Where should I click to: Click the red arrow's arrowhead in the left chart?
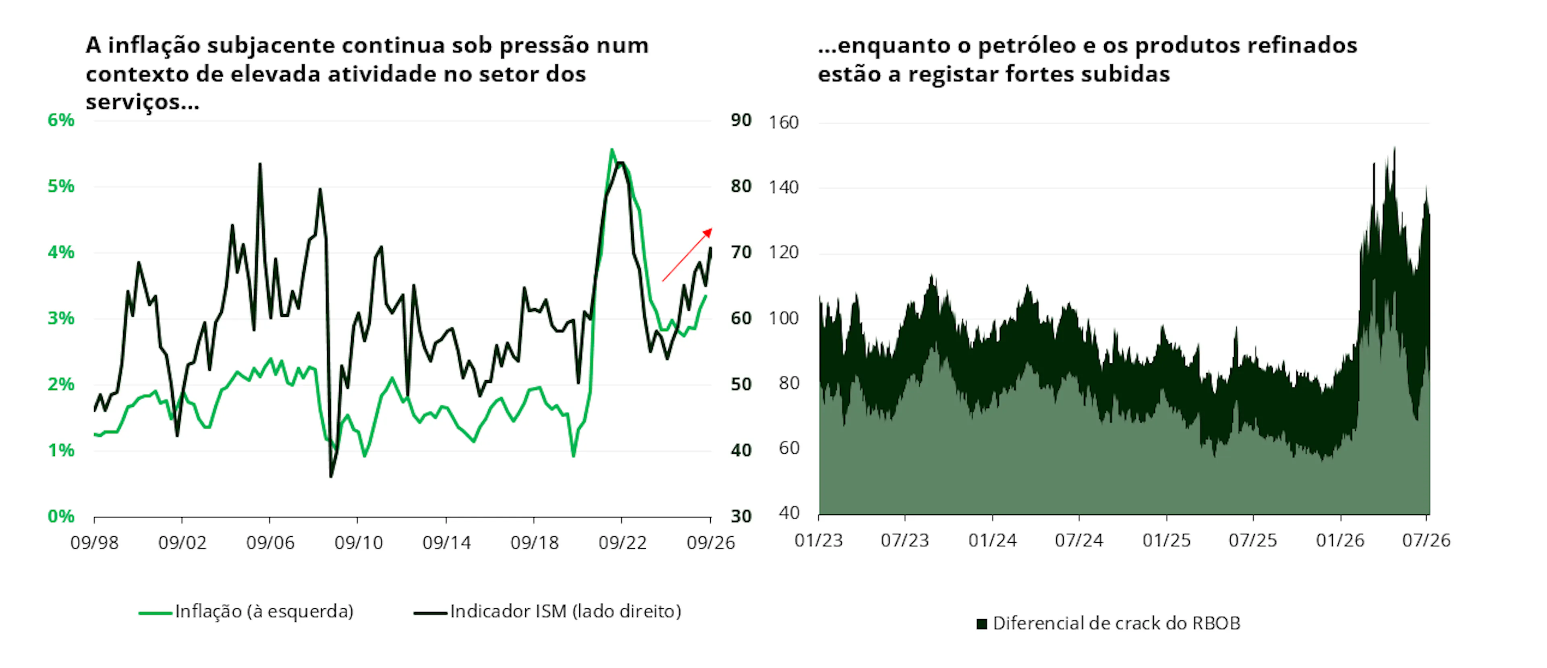tap(708, 232)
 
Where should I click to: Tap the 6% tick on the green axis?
tap(61, 120)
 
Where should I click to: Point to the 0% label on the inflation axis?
tap(61, 516)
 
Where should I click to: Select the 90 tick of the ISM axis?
tap(741, 120)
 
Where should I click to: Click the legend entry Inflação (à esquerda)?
tap(246, 612)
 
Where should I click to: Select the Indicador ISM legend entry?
tap(548, 612)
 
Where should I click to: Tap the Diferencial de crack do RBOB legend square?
tap(982, 624)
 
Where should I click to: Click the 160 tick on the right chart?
tap(784, 122)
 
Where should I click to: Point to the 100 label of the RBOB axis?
tap(784, 318)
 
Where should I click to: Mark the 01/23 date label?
tap(819, 541)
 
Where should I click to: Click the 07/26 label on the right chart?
tap(1426, 541)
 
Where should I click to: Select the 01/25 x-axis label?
tap(1166, 541)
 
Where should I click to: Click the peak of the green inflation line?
tap(612, 149)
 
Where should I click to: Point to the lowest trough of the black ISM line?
tap(331, 476)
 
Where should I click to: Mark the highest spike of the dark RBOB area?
tap(1394, 148)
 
